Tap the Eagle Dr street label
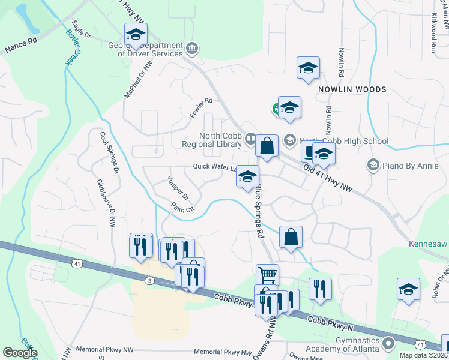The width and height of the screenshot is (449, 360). click(80, 31)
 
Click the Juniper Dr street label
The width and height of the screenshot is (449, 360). click(178, 188)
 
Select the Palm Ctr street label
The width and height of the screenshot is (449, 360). click(182, 209)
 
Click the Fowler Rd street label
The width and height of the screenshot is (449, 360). click(202, 107)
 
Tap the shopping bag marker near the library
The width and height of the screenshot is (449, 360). click(267, 146)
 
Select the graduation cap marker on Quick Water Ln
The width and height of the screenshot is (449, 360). click(247, 177)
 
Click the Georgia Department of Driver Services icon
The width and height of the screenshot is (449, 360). click(192, 48)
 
